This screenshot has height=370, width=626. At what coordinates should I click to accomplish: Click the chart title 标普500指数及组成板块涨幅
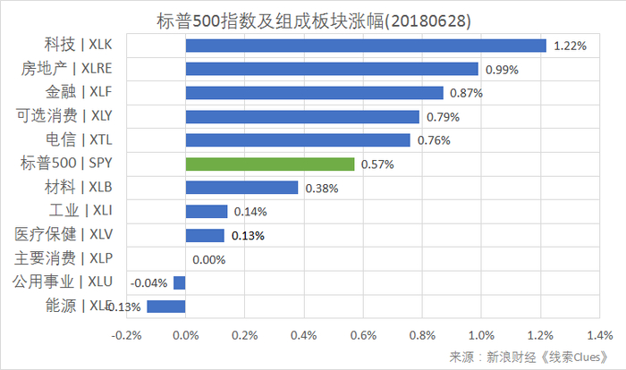313,19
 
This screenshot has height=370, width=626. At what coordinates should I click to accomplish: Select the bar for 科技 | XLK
366,46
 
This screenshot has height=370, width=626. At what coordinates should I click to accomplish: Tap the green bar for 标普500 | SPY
270,164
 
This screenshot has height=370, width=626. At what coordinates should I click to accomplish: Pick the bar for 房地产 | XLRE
332,69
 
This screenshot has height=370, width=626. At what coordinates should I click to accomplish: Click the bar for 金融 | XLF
314,93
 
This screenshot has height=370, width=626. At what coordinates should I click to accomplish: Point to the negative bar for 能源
166,306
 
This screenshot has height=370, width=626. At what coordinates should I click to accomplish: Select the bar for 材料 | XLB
241,188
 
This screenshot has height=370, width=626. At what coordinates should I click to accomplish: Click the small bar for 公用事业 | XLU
179,282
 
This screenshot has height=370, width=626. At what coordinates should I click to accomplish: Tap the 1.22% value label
570,46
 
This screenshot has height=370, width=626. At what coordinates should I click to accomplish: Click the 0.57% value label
376,164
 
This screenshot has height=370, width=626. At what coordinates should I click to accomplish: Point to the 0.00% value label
209,259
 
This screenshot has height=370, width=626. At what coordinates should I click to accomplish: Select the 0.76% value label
433,140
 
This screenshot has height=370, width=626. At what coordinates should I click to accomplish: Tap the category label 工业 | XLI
80,211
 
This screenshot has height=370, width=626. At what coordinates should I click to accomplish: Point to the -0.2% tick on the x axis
126,336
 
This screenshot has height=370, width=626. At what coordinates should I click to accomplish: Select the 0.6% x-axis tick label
362,336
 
